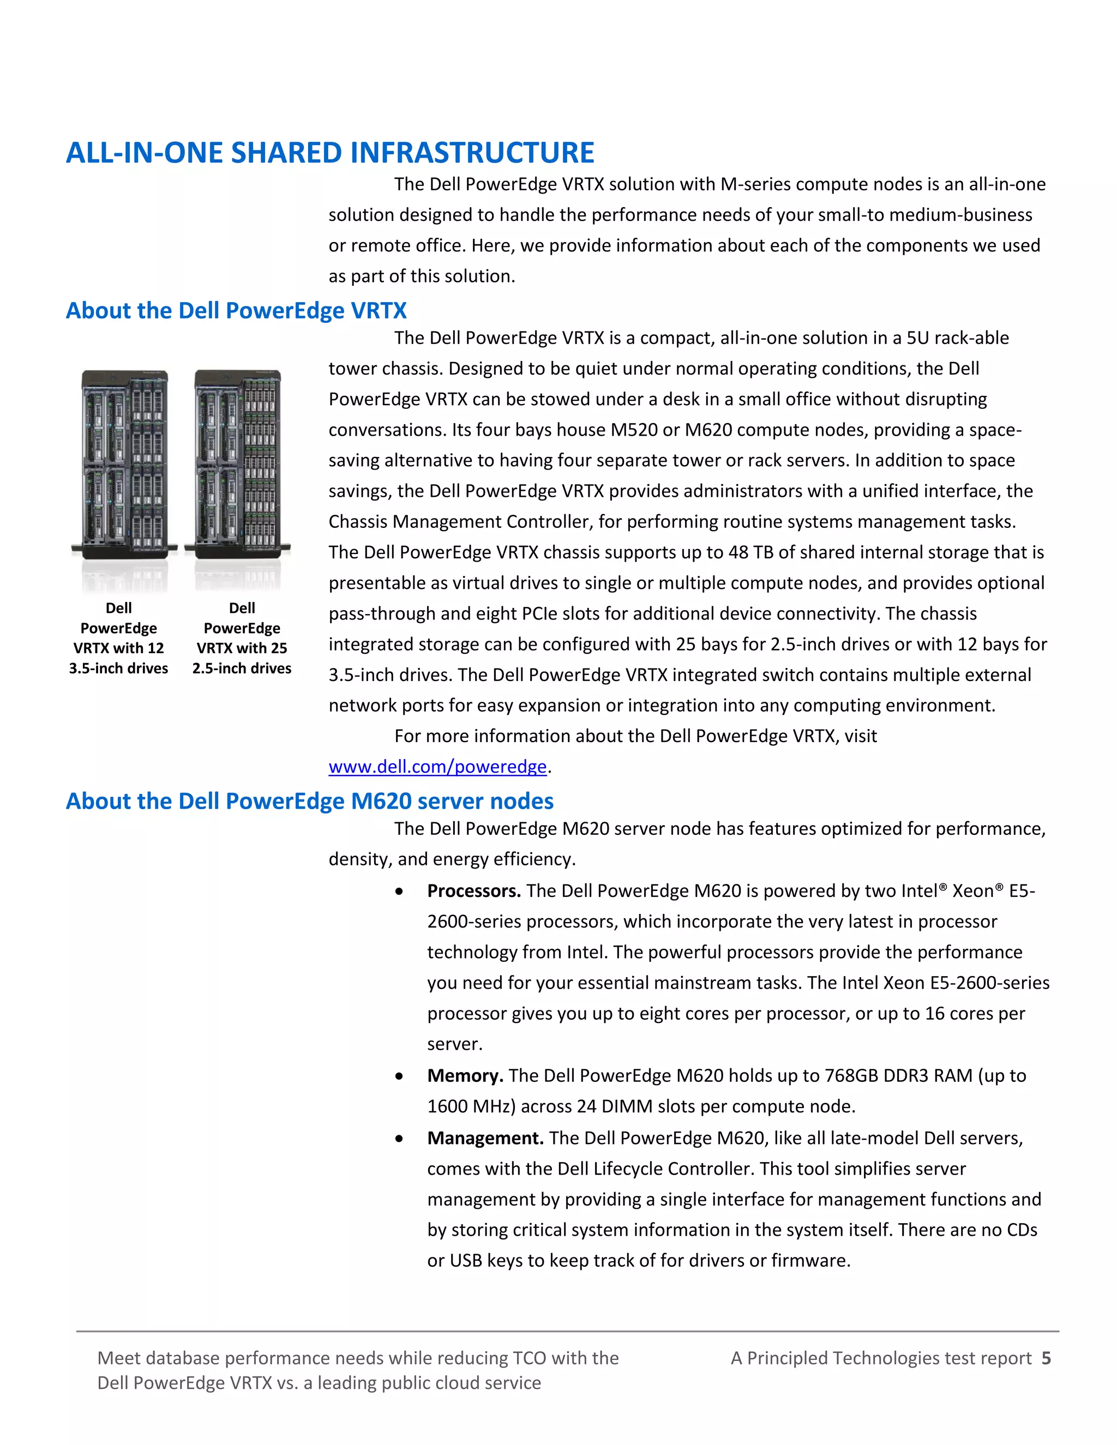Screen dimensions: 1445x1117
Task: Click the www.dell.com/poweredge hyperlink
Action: pos(437,766)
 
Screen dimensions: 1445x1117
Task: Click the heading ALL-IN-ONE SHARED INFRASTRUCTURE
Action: pos(329,153)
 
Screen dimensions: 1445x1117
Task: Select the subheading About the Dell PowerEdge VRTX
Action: pos(236,310)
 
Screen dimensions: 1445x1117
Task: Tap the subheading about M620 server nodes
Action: pos(309,800)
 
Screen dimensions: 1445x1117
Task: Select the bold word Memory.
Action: pos(465,1076)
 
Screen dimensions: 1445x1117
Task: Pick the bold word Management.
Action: pos(485,1138)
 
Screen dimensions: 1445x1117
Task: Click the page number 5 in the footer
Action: pos(1046,1358)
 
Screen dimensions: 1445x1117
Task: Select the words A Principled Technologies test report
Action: pos(881,1358)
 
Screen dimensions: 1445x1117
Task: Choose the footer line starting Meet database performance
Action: pos(357,1358)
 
